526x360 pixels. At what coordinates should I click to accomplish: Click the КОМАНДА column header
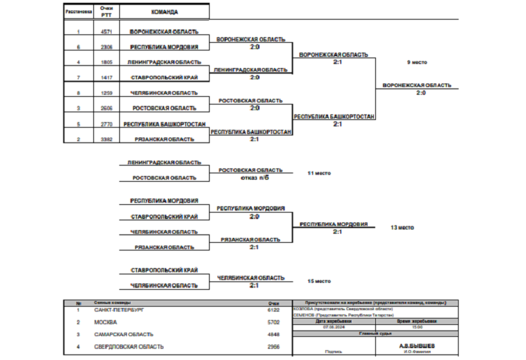point(164,12)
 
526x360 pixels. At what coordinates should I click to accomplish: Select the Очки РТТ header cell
point(107,12)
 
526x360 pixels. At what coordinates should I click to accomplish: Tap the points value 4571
point(107,32)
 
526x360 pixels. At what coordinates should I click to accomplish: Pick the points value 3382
point(107,139)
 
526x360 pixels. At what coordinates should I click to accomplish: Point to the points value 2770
point(107,124)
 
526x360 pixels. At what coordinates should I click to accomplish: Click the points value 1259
point(107,93)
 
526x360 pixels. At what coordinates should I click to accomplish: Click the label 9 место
point(417,62)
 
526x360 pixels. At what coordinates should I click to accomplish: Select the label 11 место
point(318,172)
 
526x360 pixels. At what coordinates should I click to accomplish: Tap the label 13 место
point(403,227)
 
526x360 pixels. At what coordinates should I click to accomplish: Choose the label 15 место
point(319,281)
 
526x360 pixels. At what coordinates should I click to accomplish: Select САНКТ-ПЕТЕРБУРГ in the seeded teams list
point(119,309)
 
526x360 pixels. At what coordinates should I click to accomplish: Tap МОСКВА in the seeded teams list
point(105,321)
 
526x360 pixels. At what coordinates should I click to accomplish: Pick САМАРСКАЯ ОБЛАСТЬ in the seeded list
point(123,334)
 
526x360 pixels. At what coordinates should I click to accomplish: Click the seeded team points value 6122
point(274,309)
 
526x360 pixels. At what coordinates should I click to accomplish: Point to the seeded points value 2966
point(274,347)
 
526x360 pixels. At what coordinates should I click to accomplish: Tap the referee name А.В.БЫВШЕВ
point(417,345)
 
